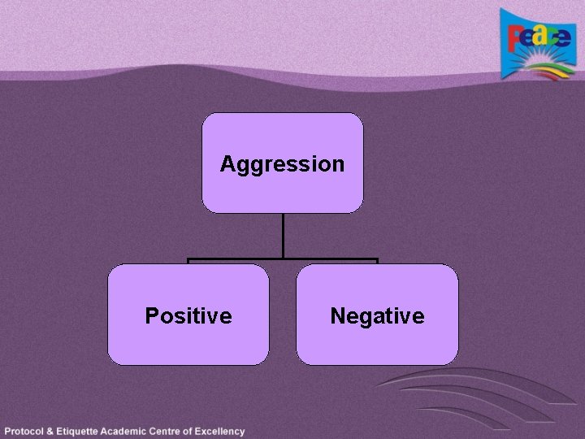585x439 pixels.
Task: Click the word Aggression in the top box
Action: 282,164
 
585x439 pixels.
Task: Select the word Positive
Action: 188,315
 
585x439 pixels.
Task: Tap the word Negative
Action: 377,315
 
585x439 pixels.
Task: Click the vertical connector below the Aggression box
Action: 283,236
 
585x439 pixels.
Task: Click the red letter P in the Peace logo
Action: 515,38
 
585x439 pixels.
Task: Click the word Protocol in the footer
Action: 25,432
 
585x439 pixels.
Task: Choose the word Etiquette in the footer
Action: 84,432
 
